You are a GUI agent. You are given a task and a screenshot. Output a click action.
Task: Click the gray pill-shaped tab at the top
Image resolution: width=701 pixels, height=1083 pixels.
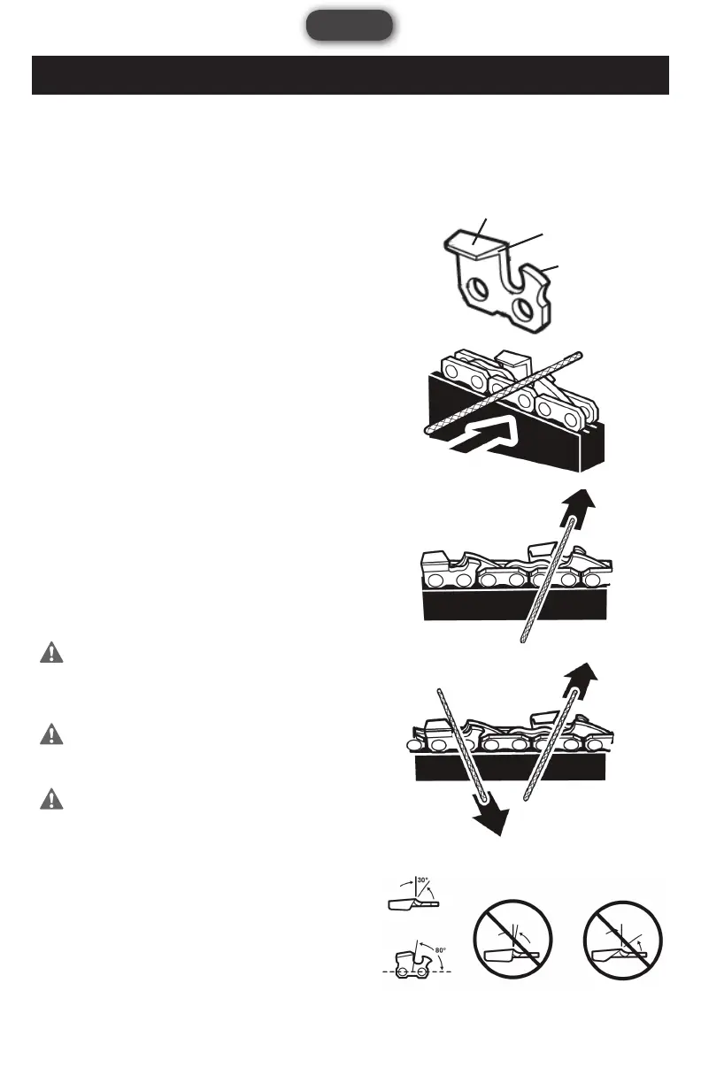(350, 25)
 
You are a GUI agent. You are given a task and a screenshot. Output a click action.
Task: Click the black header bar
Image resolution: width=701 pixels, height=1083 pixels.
(350, 75)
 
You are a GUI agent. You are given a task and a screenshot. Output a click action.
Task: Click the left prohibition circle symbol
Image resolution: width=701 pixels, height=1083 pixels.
(512, 941)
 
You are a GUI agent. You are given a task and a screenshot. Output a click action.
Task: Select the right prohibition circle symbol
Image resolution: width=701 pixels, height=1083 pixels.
(626, 941)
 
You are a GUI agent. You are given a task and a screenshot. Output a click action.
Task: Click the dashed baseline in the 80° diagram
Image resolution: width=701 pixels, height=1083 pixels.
(417, 972)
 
